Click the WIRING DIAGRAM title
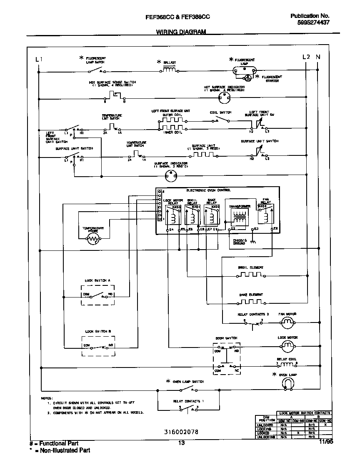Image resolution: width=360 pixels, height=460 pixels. [181, 32]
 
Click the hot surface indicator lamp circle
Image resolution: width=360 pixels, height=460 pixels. [225, 98]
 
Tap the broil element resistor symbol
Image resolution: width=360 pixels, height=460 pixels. [251, 275]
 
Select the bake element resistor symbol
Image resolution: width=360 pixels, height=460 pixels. [251, 301]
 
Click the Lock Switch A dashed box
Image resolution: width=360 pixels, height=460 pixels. [98, 295]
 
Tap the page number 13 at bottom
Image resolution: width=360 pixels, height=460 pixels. [181, 443]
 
